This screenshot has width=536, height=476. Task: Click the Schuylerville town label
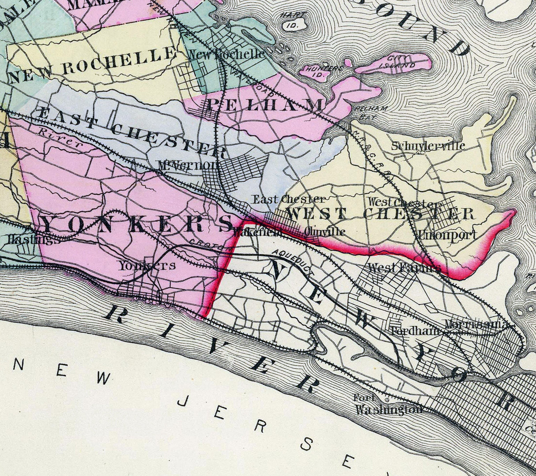(428, 146)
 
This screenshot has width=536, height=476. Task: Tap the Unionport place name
(447, 235)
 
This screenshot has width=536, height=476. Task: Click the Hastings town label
(27, 240)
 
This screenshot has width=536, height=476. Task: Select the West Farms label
(404, 268)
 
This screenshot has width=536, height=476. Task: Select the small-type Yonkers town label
(147, 266)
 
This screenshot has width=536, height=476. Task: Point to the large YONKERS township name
(137, 225)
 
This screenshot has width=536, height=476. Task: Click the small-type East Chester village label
(288, 199)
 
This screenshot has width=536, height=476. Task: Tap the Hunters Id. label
(318, 72)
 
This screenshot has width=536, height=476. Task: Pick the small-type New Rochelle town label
(226, 54)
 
